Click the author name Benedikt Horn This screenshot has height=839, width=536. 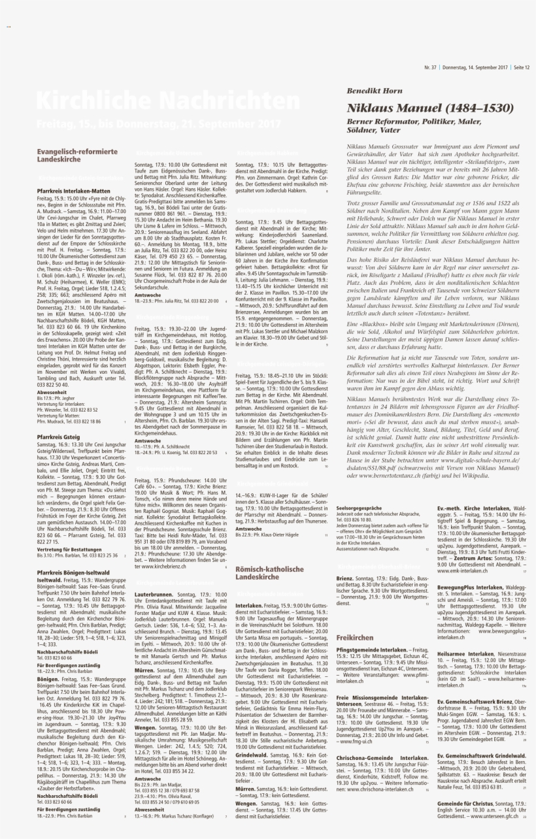(375, 91)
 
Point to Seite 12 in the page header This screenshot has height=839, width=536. (521, 67)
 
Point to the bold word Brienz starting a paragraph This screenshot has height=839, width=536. (345, 579)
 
